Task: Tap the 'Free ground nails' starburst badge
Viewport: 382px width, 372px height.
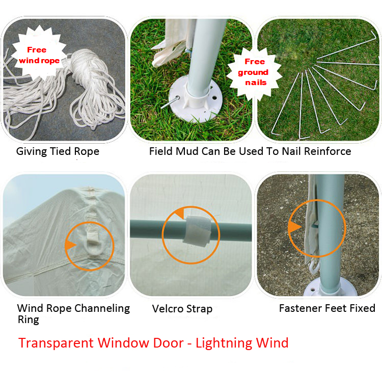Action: coord(254,73)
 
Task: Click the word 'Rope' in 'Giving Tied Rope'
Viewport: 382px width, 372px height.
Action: coord(87,151)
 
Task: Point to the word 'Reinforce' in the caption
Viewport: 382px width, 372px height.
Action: coord(328,151)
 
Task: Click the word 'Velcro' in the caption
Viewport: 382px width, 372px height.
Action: coord(168,309)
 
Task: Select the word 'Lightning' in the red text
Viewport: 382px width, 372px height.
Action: coord(224,343)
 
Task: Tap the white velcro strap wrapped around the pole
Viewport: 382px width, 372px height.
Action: coord(197,231)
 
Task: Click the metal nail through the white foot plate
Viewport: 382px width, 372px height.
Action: coord(170,102)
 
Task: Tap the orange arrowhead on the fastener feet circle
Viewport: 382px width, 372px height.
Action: coord(294,227)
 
